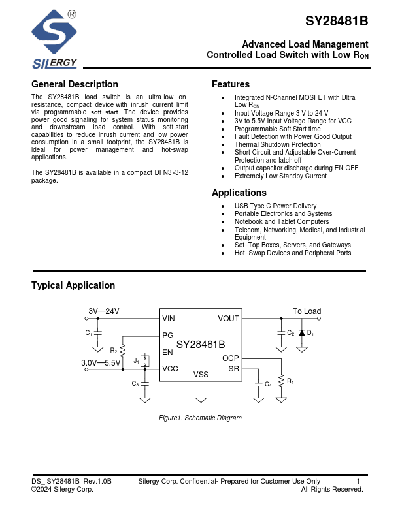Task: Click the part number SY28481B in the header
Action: pyautogui.click(x=337, y=21)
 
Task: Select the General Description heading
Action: pyautogui.click(x=75, y=84)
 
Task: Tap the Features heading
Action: pyautogui.click(x=231, y=84)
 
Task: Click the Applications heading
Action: pyautogui.click(x=239, y=193)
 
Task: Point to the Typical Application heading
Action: pyautogui.click(x=73, y=285)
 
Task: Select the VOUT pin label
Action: pyautogui.click(x=228, y=319)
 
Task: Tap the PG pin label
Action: pyautogui.click(x=168, y=335)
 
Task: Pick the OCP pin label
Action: pyautogui.click(x=231, y=358)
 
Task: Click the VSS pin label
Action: pyautogui.click(x=201, y=375)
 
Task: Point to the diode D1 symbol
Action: pyautogui.click(x=301, y=332)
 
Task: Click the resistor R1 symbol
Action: pyautogui.click(x=281, y=380)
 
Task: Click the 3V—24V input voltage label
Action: pyautogui.click(x=104, y=311)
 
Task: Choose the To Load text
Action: pyautogui.click(x=307, y=311)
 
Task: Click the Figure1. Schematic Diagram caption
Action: pyautogui.click(x=200, y=418)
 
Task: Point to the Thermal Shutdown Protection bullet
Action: pyautogui.click(x=277, y=145)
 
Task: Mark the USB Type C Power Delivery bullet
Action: pyautogui.click(x=275, y=206)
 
